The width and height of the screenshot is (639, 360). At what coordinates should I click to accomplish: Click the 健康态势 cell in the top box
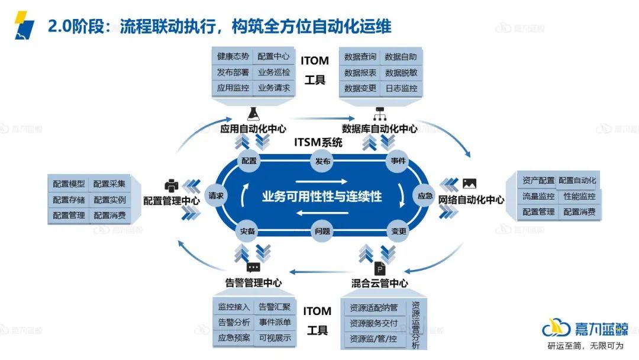(233, 57)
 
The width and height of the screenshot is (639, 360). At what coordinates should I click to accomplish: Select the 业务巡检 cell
(274, 72)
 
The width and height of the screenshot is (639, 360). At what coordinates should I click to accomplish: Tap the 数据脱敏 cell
(401, 73)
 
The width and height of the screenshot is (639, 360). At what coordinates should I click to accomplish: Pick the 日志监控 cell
(401, 88)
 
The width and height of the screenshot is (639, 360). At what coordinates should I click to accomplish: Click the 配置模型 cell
(69, 184)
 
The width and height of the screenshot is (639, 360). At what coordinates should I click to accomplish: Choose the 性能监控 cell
(579, 196)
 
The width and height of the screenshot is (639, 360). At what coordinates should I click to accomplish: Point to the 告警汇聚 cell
(275, 307)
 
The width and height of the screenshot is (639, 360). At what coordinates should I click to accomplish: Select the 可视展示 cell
(275, 338)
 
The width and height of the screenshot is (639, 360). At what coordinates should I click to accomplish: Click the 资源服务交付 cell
(374, 324)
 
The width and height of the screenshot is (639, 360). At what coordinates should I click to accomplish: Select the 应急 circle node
(425, 196)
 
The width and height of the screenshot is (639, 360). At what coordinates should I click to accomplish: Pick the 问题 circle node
(322, 231)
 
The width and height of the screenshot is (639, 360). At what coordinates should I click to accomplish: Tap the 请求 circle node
(216, 196)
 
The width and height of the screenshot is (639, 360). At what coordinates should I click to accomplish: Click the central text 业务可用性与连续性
(322, 197)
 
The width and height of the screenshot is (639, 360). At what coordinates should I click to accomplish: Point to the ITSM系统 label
(318, 142)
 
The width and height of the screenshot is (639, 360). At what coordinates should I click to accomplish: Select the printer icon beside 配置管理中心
(172, 185)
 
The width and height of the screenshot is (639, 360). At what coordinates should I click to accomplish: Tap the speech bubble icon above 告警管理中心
(253, 268)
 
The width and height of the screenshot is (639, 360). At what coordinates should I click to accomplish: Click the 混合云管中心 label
(379, 283)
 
